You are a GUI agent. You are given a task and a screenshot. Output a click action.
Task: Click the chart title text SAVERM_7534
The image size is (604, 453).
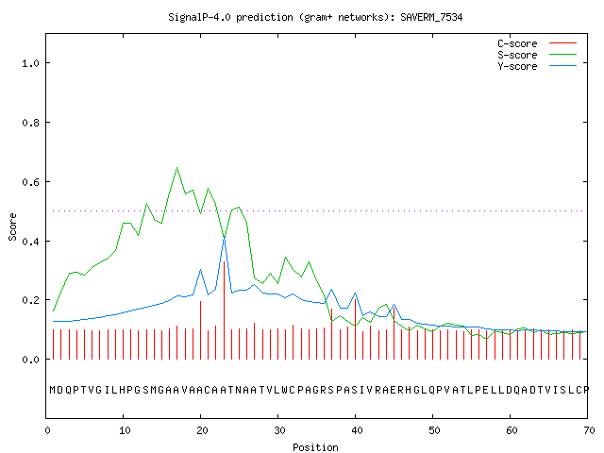pyautogui.click(x=431, y=17)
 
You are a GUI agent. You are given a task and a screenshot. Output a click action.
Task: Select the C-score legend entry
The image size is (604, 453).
pyautogui.click(x=537, y=43)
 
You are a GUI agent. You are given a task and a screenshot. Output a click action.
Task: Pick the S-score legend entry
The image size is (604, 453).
pyautogui.click(x=537, y=55)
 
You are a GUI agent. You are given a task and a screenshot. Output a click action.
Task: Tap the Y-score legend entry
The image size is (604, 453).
pyautogui.click(x=537, y=66)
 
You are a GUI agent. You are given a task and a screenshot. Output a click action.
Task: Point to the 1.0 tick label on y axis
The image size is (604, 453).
pyautogui.click(x=30, y=63)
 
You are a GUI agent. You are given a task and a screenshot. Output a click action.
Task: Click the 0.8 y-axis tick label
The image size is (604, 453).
pyautogui.click(x=30, y=123)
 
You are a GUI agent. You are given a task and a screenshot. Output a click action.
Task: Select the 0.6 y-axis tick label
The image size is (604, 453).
pyautogui.click(x=30, y=182)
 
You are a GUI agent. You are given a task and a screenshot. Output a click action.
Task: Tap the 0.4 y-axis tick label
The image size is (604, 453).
pyautogui.click(x=30, y=242)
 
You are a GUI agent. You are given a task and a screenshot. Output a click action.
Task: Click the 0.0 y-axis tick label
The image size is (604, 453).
pyautogui.click(x=30, y=360)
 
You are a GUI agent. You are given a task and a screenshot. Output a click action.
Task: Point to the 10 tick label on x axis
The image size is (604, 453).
pyautogui.click(x=125, y=430)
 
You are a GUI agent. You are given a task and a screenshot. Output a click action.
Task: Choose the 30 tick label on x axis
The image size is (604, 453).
pyautogui.click(x=279, y=430)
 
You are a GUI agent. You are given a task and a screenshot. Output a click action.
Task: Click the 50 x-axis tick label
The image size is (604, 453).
pyautogui.click(x=434, y=430)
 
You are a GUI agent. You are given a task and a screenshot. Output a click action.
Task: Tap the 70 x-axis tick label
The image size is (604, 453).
pyautogui.click(x=589, y=430)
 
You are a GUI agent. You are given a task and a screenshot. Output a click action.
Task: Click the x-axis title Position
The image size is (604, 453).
pyautogui.click(x=315, y=447)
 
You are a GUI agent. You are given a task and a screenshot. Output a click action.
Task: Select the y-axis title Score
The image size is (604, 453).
pyautogui.click(x=12, y=226)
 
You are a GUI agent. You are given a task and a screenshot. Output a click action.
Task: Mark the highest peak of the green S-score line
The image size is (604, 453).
pyautogui.click(x=176, y=168)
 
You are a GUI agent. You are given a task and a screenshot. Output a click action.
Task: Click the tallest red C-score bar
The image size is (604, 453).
pyautogui.click(x=224, y=310)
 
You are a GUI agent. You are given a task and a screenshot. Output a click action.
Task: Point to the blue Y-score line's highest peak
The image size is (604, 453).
pyautogui.click(x=224, y=239)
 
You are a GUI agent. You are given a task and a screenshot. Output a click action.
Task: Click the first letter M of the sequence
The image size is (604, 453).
pyautogui.click(x=53, y=390)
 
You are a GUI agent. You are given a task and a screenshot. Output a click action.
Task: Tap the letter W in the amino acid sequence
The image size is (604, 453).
pyautogui.click(x=285, y=390)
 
